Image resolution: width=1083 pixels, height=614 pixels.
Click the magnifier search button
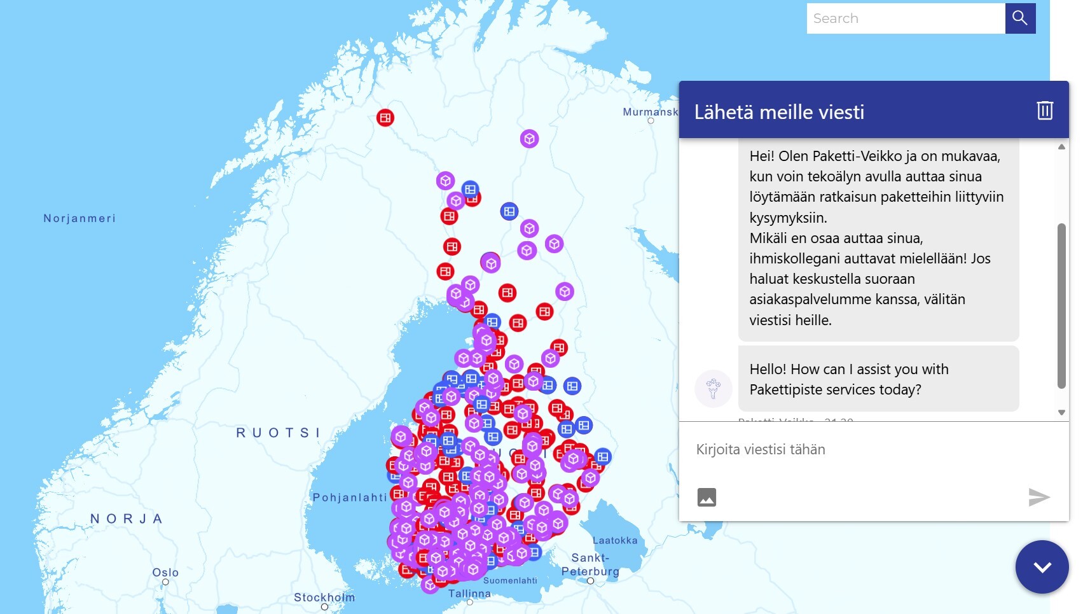[1020, 18]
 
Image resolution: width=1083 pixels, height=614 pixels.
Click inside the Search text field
[906, 18]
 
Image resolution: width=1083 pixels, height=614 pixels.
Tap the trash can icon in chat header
[1045, 110]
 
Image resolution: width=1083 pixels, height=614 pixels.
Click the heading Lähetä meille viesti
[779, 112]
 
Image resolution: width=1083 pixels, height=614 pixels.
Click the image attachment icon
[707, 497]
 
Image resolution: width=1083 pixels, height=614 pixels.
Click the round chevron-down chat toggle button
[1042, 567]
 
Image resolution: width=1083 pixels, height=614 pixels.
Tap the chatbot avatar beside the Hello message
[713, 388]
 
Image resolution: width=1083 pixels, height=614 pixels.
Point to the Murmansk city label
[650, 112]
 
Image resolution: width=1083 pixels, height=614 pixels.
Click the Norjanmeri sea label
[79, 218]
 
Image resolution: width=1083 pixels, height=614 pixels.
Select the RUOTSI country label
[278, 433]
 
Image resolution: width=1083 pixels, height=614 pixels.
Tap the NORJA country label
[126, 519]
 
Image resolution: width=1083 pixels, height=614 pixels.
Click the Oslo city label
[165, 573]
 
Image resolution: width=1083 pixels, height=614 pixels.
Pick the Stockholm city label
[324, 597]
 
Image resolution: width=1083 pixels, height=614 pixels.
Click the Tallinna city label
[469, 594]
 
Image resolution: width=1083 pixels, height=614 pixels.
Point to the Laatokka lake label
[614, 540]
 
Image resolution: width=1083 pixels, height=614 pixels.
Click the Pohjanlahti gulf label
[350, 497]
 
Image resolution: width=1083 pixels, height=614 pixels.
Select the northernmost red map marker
[385, 118]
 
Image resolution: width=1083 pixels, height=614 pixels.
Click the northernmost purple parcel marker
[529, 139]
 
